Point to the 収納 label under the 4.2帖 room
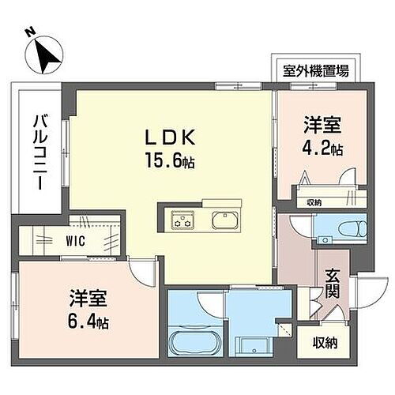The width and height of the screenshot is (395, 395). (314, 203)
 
